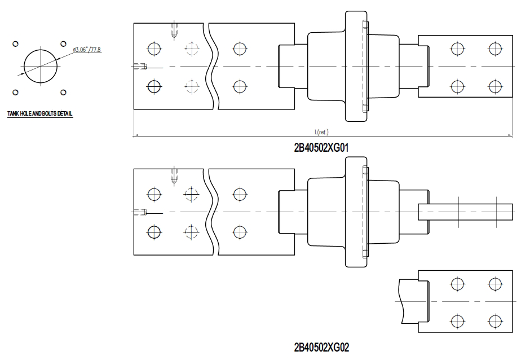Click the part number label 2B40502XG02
click(x=321, y=346)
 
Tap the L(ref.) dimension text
click(x=323, y=131)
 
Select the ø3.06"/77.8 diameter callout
click(x=87, y=51)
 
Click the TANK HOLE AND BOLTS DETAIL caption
click(x=39, y=114)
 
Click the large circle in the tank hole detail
click(x=41, y=66)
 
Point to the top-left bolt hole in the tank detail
click(x=16, y=43)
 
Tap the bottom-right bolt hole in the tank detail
click(x=64, y=91)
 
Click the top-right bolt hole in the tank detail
click(x=64, y=43)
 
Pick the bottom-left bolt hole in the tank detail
click(x=16, y=91)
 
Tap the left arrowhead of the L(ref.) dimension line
click(x=136, y=135)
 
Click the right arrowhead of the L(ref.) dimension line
click(x=510, y=135)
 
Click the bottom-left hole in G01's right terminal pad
click(x=457, y=86)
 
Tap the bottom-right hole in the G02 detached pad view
click(x=495, y=321)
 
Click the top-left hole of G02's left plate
click(x=153, y=194)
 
